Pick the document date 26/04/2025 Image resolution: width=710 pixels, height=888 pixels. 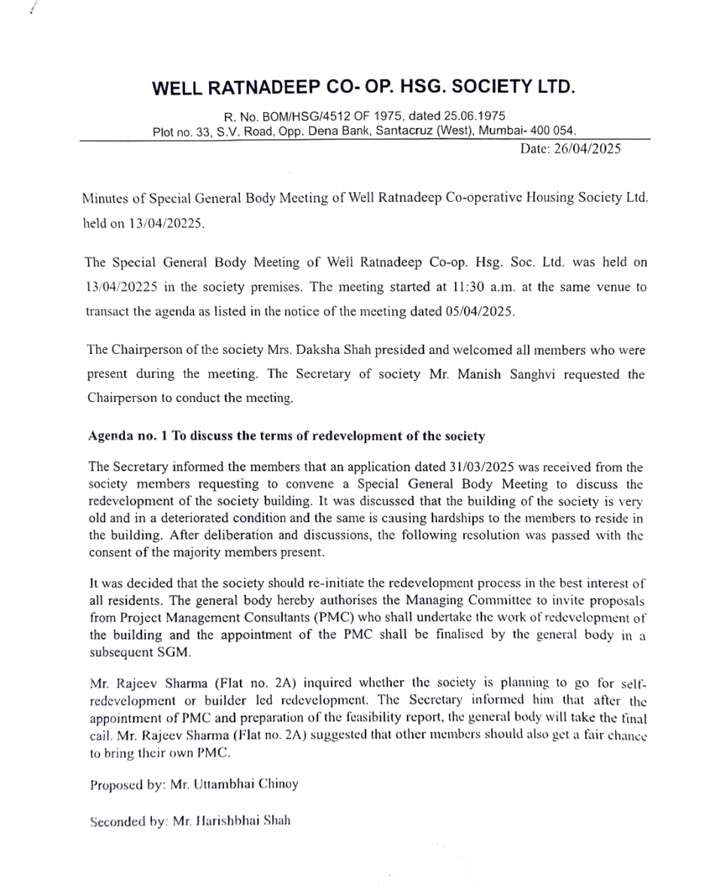click(587, 149)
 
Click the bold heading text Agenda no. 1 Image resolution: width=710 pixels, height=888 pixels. click(128, 436)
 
